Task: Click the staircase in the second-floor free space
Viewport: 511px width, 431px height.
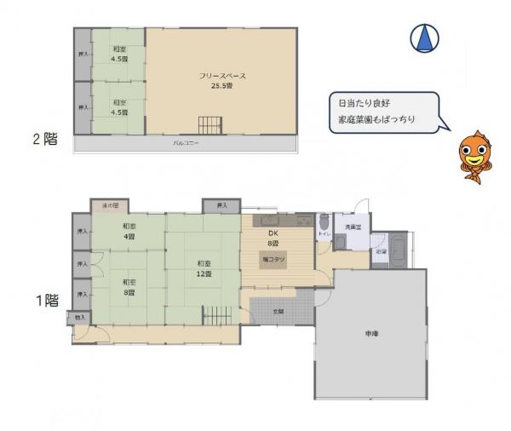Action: (210, 124)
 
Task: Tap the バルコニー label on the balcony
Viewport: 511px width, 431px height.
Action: (186, 143)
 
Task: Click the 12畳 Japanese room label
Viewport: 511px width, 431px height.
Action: (204, 268)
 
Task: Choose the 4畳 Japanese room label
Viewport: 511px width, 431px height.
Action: (129, 231)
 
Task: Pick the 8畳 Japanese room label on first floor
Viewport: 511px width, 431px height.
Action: (128, 286)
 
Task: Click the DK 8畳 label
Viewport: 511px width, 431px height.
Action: (274, 238)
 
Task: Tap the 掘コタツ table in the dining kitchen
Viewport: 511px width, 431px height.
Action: (275, 258)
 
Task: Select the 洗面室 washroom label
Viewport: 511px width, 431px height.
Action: (352, 227)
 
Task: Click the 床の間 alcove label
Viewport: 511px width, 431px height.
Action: (110, 205)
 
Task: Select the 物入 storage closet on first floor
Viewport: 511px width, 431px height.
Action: (80, 318)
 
